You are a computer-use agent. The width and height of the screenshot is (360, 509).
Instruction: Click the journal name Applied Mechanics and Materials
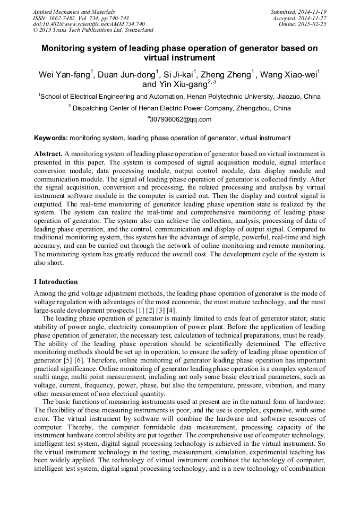(74, 12)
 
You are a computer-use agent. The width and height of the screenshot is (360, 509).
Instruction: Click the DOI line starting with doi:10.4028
(89, 24)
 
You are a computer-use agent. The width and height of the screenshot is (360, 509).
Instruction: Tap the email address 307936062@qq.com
(181, 119)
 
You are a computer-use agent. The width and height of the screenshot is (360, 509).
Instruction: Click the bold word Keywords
(50, 138)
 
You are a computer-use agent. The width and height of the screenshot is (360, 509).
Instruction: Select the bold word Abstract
(48, 153)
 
